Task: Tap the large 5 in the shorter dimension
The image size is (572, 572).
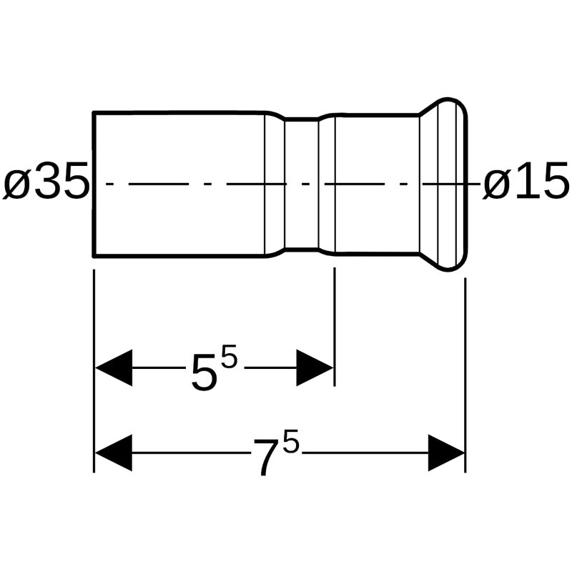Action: coord(204,373)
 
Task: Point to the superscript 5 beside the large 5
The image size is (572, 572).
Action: coord(229,356)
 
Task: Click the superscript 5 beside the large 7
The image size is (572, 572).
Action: coord(291,441)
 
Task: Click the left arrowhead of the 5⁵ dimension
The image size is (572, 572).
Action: coord(114,368)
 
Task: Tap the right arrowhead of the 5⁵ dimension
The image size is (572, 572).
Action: coord(315,368)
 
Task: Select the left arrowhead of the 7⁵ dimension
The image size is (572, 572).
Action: coord(114,453)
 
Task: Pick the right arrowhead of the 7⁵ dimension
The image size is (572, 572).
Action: coord(446,453)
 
